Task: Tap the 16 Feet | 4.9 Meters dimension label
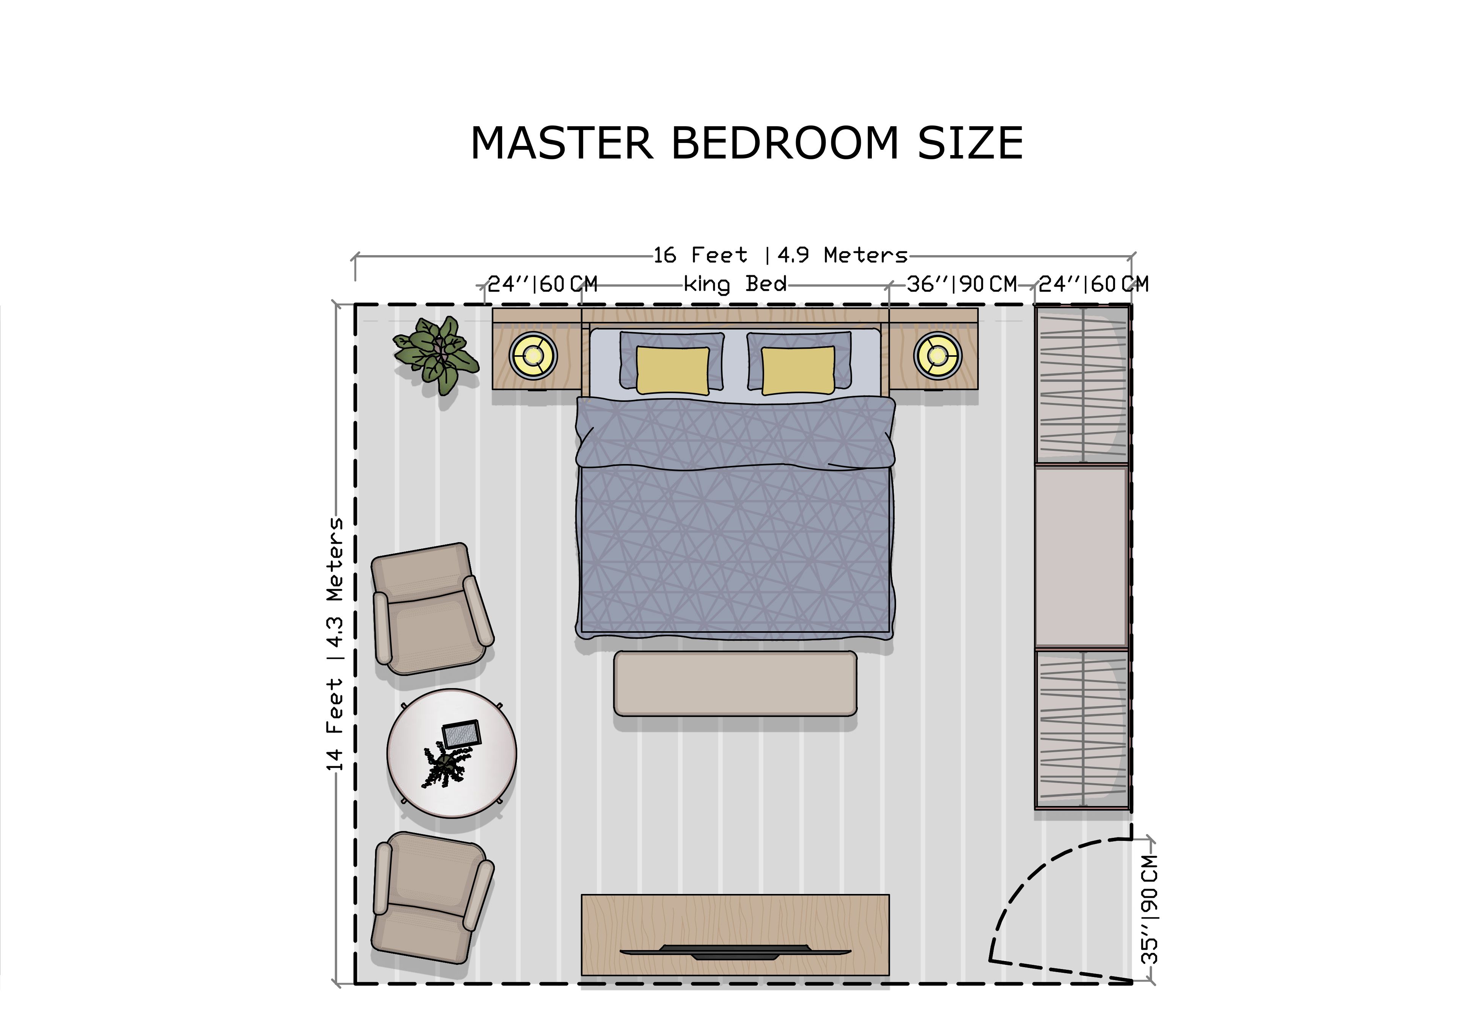[x=780, y=256]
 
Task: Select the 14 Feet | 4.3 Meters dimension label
[x=335, y=643]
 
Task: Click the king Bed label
[x=735, y=284]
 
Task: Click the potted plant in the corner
[x=436, y=355]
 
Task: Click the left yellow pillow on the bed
[x=673, y=370]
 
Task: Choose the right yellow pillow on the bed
[x=798, y=370]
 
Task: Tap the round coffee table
[x=452, y=753]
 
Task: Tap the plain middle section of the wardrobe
[x=1082, y=557]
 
